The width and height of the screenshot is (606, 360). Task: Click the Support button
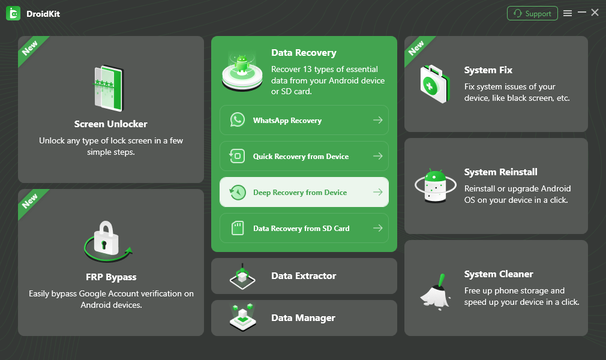[532, 13]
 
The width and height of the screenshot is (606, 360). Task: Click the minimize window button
[581, 13]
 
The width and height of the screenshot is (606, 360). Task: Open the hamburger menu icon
[568, 13]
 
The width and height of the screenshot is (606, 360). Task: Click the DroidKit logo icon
[13, 13]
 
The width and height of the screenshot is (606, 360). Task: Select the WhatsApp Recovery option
[287, 121]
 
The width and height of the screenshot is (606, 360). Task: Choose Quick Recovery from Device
[301, 157]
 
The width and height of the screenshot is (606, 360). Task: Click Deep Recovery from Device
[300, 193]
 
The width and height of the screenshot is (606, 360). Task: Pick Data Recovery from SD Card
[301, 229]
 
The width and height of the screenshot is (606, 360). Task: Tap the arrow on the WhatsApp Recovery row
[377, 121]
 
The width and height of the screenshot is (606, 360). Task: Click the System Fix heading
[488, 70]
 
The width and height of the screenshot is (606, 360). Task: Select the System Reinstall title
[500, 172]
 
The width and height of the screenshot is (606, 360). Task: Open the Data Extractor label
[304, 276]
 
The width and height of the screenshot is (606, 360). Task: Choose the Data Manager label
[303, 318]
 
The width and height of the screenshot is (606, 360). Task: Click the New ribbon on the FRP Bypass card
[30, 202]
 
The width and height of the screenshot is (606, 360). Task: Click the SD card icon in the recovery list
[238, 229]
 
